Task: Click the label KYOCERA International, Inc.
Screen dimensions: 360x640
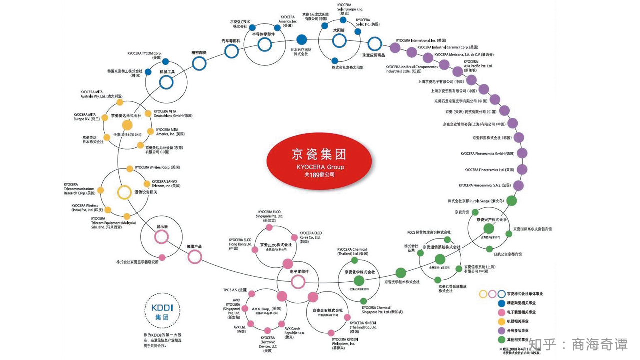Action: pyautogui.click(x=420, y=40)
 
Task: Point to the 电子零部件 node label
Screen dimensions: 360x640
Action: pyautogui.click(x=299, y=271)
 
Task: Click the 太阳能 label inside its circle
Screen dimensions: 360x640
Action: pyautogui.click(x=339, y=30)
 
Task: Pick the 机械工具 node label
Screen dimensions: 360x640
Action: pyautogui.click(x=167, y=72)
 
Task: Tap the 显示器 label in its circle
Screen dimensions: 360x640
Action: pyautogui.click(x=162, y=226)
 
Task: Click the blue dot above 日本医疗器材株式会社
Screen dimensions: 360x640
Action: pyautogui.click(x=302, y=39)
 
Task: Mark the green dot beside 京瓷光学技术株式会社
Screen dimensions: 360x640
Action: pyautogui.click(x=401, y=273)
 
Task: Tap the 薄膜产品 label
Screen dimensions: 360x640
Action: pyautogui.click(x=194, y=246)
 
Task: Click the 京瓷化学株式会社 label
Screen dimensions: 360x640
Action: pyautogui.click(x=359, y=272)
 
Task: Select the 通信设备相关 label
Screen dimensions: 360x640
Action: pyautogui.click(x=146, y=192)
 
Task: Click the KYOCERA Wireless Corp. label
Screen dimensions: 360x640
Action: pyautogui.click(x=157, y=167)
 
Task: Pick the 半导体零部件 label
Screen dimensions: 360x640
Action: pyautogui.click(x=263, y=34)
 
